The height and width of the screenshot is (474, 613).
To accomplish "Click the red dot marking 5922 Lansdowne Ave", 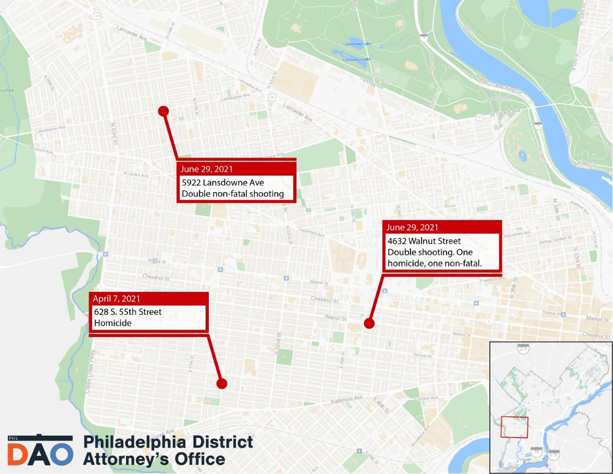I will point(163,111).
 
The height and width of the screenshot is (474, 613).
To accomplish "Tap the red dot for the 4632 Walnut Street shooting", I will point(369,324).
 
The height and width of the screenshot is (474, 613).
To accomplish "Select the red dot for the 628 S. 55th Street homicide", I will point(221,383).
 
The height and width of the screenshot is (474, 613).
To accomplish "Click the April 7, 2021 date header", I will point(116,299).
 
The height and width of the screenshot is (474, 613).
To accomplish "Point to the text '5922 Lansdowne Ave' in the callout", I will point(223,183).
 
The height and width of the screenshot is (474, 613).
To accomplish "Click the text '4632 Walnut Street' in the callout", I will point(424,241).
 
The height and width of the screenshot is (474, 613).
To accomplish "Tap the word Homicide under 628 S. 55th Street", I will point(113,323).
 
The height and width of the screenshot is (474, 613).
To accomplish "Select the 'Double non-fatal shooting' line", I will point(233,194).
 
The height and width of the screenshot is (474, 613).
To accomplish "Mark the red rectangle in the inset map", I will point(514,427).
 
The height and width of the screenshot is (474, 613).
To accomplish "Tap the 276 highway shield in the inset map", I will point(522,348).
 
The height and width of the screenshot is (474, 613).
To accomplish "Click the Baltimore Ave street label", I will point(347,399).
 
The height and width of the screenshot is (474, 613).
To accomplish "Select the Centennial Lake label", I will point(357,44).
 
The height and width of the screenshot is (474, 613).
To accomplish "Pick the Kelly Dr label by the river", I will point(587,164).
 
